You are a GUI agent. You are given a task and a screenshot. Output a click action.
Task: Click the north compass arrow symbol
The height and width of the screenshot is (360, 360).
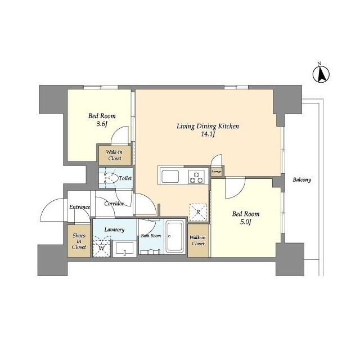321,74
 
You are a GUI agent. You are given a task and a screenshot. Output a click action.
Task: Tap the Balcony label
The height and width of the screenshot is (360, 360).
301,179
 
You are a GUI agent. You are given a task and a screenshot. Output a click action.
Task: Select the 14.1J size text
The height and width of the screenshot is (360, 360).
208,134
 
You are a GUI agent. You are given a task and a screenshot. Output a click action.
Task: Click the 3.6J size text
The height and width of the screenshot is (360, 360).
102,124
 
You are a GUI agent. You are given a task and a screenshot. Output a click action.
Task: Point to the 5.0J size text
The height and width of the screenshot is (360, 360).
246,222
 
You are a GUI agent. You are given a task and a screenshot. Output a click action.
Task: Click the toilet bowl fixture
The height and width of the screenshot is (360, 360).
110,178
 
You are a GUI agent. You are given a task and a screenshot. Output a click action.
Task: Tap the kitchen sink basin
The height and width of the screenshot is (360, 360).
170,177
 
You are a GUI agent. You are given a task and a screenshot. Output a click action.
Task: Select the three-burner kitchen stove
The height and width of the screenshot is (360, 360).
196,177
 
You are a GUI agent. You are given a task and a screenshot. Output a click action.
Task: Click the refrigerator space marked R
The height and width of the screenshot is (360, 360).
198,213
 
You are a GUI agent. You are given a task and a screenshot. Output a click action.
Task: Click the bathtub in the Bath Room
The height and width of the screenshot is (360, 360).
175,236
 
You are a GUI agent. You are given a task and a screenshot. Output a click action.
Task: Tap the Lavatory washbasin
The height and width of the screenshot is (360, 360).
125,248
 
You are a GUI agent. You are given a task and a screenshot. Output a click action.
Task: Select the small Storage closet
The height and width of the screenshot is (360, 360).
217,171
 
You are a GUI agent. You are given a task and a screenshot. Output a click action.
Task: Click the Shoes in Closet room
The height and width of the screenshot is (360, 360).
79,241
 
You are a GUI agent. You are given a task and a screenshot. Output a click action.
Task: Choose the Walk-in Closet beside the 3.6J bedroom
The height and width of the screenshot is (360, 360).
115,155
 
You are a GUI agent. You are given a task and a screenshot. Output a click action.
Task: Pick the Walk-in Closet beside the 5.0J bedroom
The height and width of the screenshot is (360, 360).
198,240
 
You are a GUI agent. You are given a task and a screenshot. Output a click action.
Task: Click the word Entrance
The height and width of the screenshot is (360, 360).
80,207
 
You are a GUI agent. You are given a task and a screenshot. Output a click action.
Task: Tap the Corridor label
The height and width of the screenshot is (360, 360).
114,204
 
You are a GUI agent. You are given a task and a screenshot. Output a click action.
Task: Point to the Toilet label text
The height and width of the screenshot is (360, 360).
125,178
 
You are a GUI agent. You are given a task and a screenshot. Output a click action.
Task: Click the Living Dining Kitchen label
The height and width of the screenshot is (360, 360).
208,126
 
